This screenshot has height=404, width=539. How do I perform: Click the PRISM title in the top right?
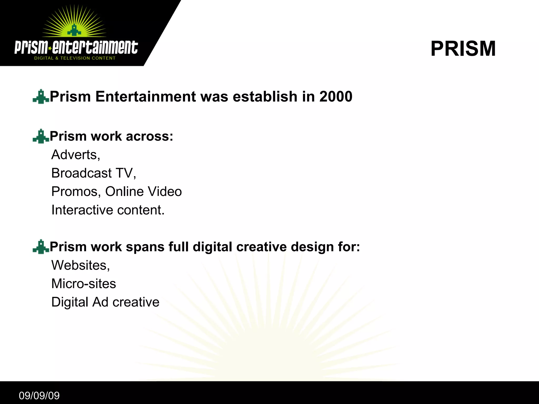[x=463, y=49]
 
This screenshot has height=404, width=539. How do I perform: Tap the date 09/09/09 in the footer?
[x=39, y=396]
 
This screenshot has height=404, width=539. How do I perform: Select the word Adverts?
[x=76, y=155]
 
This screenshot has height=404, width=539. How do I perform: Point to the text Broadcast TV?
[x=93, y=173]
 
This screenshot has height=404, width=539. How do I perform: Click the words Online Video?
[x=143, y=191]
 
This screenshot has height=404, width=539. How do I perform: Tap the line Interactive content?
[x=108, y=210]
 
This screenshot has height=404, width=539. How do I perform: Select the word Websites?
[x=80, y=265]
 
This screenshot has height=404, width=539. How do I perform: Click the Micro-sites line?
[x=84, y=284]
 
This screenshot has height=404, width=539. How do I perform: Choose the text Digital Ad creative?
[x=105, y=302]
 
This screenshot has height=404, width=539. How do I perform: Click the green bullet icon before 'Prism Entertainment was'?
[x=41, y=97]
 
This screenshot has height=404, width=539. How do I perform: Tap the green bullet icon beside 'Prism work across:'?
[x=41, y=136]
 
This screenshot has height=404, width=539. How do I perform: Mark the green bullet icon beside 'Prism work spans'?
[x=41, y=247]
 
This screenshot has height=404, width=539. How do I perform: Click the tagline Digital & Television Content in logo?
[x=75, y=58]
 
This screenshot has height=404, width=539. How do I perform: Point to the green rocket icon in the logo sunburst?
[x=74, y=31]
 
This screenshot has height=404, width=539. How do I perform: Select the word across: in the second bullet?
[x=149, y=136]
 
